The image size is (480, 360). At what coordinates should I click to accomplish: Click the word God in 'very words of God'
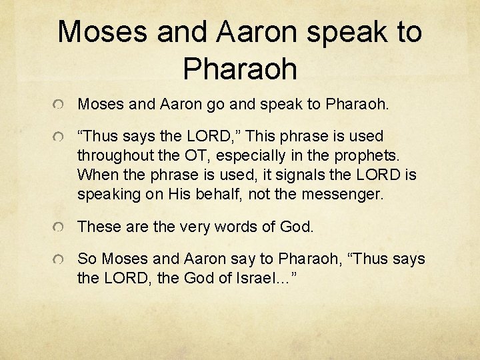point(296,227)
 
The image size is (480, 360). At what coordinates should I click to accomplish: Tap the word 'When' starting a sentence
point(96,175)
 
